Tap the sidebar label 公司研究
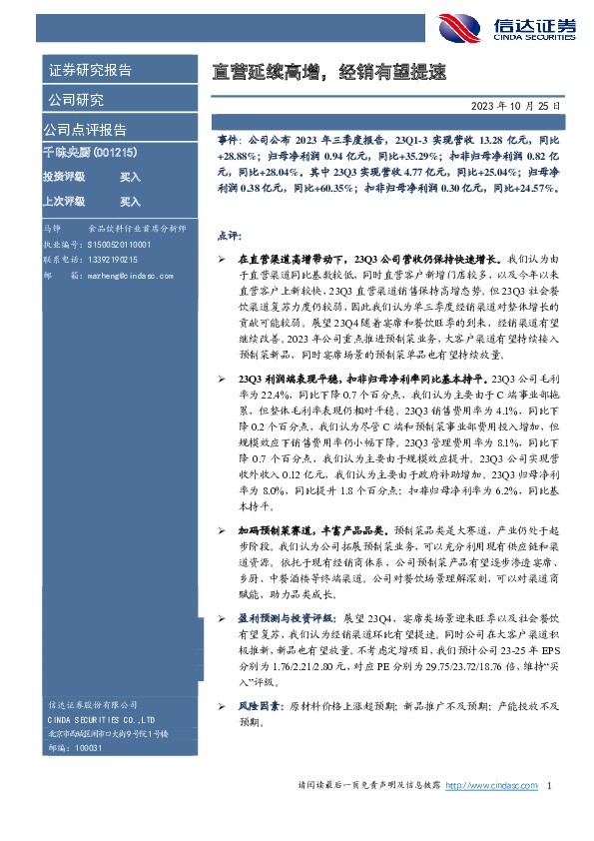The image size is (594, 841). click(x=75, y=100)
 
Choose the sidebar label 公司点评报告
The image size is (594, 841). click(x=85, y=130)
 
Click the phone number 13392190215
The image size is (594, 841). click(x=109, y=257)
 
